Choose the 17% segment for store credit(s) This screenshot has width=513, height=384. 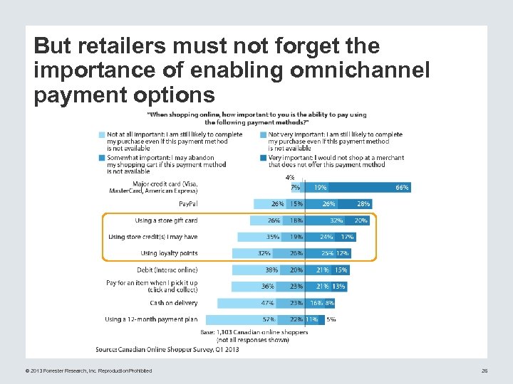347,237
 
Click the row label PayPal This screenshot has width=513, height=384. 187,204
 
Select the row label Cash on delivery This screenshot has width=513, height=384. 173,303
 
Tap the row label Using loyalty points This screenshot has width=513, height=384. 169,253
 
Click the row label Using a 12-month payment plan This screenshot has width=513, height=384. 151,319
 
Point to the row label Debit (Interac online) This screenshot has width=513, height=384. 167,270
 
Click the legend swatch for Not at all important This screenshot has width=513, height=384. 102,135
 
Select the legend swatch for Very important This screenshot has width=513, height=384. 263,158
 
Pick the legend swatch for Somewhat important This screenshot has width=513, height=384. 102,158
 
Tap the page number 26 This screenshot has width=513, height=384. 484,370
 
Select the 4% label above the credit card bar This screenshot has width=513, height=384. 289,178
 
